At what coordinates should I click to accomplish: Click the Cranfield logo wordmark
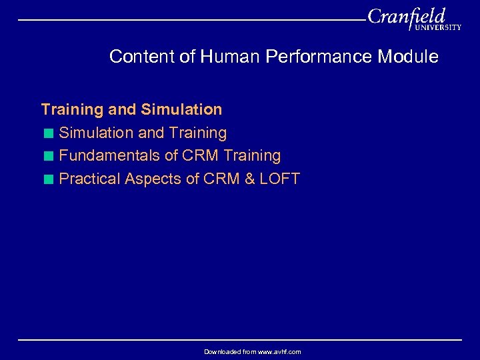pos(405,16)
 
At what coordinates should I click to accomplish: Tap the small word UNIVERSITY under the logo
pos(437,28)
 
